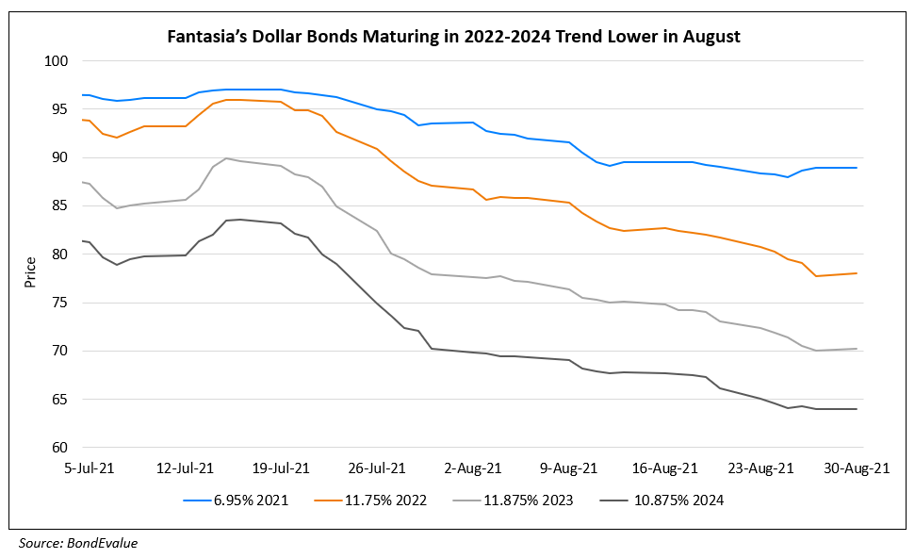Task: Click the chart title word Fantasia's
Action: point(206,38)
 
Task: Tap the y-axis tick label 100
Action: point(57,61)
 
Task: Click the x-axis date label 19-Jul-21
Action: point(282,468)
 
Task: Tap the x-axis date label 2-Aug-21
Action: point(474,468)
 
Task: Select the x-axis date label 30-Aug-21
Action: point(857,468)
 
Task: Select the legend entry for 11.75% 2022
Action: point(389,501)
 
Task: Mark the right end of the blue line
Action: point(857,168)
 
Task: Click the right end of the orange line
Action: point(857,273)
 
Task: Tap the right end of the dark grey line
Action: point(857,409)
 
